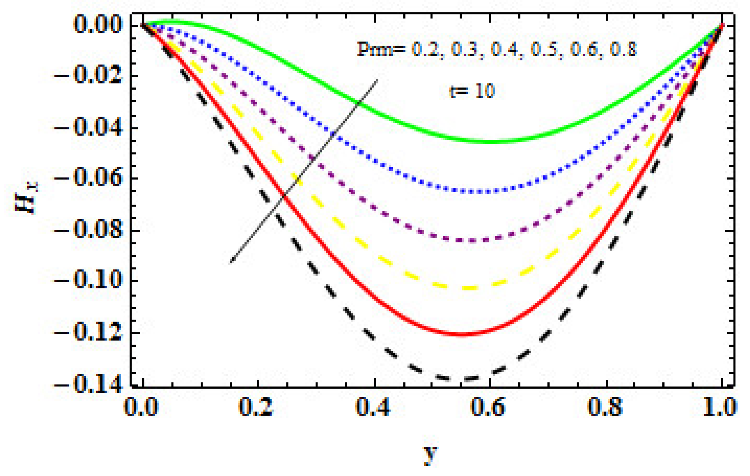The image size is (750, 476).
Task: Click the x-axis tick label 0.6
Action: (488, 407)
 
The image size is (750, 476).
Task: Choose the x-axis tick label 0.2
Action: (256, 407)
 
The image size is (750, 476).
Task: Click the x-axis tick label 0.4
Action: (373, 407)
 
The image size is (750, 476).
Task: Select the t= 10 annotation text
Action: (472, 91)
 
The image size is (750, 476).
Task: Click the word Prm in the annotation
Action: (375, 50)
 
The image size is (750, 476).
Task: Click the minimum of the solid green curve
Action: (494, 142)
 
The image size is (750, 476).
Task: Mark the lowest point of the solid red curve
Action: (462, 334)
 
